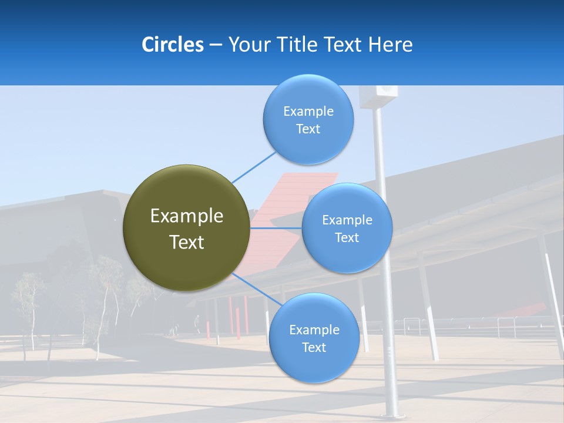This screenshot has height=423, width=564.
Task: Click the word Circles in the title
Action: tap(173, 45)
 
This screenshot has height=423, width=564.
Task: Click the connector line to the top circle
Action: tap(254, 167)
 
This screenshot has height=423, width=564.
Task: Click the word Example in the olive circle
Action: tap(187, 216)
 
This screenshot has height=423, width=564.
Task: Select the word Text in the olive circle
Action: tap(187, 242)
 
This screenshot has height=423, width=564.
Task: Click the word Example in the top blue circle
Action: tap(308, 111)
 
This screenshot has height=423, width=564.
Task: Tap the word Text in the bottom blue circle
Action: tap(314, 347)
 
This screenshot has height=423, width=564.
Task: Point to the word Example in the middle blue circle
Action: tap(347, 220)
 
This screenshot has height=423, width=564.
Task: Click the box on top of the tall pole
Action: tap(379, 96)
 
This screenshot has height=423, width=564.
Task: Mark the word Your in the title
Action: tap(247, 45)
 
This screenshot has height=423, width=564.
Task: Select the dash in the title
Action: tap(216, 45)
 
